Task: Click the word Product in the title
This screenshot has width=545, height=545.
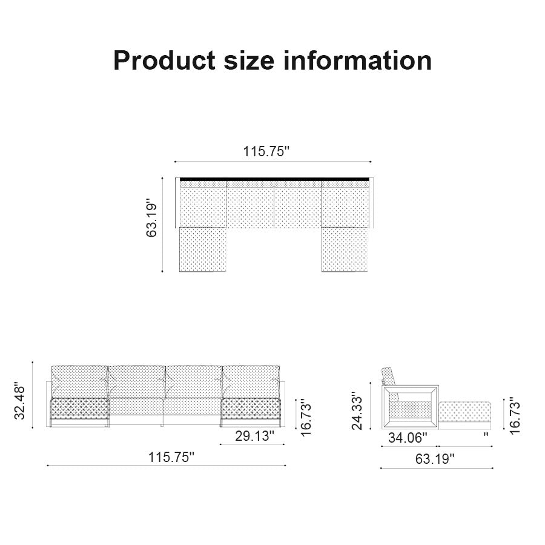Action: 164,61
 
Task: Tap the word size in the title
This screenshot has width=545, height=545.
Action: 249,61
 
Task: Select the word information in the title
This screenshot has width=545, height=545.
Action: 358,61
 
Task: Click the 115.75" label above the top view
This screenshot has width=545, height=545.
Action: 266,151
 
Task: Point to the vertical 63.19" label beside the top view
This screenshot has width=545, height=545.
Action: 151,218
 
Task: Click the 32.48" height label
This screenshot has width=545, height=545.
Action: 20,401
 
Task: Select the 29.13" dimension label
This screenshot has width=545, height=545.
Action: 254,436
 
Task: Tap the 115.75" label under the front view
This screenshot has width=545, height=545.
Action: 171,457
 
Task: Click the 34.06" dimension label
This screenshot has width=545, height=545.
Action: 408,438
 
